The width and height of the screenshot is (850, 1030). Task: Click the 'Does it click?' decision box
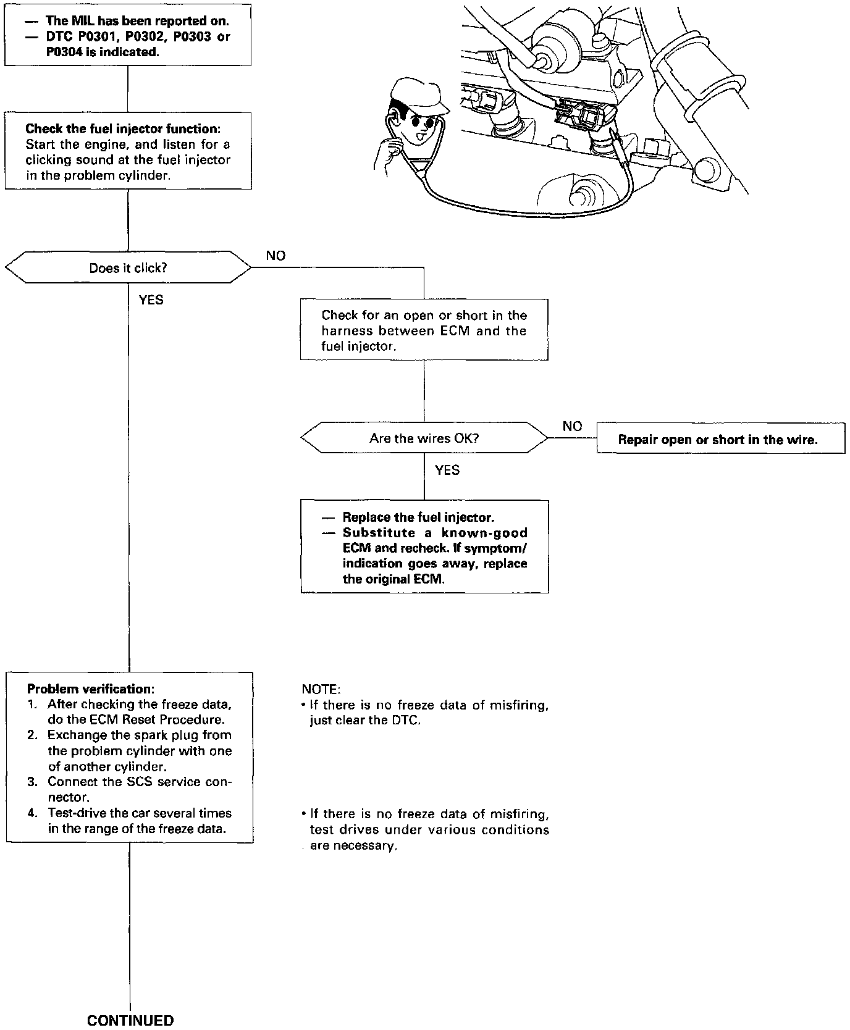[128, 267]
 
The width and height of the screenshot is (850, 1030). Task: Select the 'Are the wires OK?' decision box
[424, 438]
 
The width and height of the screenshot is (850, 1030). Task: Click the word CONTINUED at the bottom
[130, 1020]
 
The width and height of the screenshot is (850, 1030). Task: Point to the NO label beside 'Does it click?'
[276, 256]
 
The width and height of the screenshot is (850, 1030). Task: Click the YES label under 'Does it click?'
[151, 300]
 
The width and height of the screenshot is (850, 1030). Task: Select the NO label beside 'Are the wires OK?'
[572, 426]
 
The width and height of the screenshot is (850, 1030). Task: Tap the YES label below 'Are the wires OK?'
[447, 471]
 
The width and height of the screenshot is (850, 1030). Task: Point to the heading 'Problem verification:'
[90, 689]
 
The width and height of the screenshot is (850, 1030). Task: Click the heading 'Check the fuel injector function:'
[123, 129]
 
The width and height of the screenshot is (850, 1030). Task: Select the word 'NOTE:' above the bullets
[321, 689]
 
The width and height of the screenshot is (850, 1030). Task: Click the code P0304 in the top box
[64, 52]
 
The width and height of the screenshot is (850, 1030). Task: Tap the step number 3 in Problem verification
[33, 782]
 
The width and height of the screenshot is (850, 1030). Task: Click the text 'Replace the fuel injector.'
[418, 517]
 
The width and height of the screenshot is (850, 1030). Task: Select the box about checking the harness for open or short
[424, 330]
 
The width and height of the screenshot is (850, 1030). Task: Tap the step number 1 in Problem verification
[33, 704]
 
